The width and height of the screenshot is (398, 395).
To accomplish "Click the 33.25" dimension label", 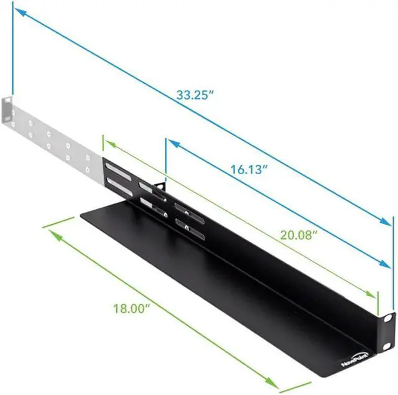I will pyautogui.click(x=195, y=96).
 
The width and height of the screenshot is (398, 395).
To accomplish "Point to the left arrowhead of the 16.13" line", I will pyautogui.click(x=172, y=144).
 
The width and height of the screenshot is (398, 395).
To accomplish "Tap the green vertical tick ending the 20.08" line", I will pyautogui.click(x=377, y=302).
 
